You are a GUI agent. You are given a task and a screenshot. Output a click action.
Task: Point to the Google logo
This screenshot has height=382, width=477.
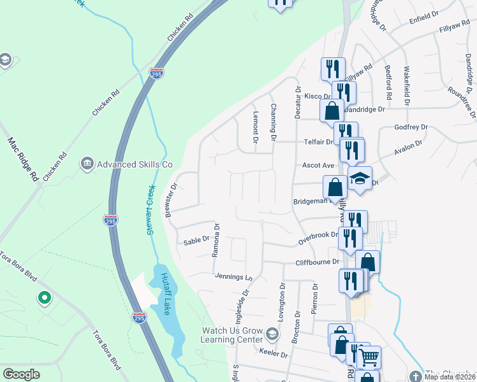[22, 374]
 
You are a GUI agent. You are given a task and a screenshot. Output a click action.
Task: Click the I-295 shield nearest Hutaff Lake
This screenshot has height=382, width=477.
[140, 316]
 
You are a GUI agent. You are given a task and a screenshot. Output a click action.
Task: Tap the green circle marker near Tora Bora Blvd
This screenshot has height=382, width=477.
[44, 297]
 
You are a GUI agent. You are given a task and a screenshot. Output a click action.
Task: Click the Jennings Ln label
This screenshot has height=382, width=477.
[234, 277]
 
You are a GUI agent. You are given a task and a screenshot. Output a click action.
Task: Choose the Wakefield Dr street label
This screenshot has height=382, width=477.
[406, 85]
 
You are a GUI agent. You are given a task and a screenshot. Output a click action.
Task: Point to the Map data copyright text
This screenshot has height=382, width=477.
[450, 377]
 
